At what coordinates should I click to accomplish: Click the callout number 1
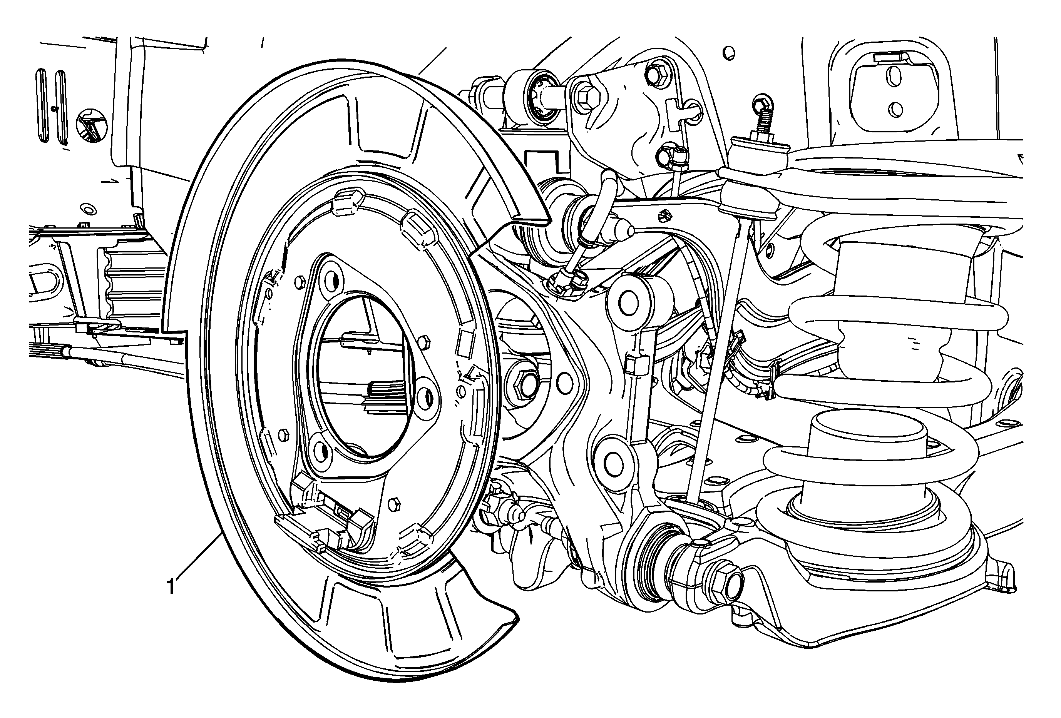click(x=171, y=587)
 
